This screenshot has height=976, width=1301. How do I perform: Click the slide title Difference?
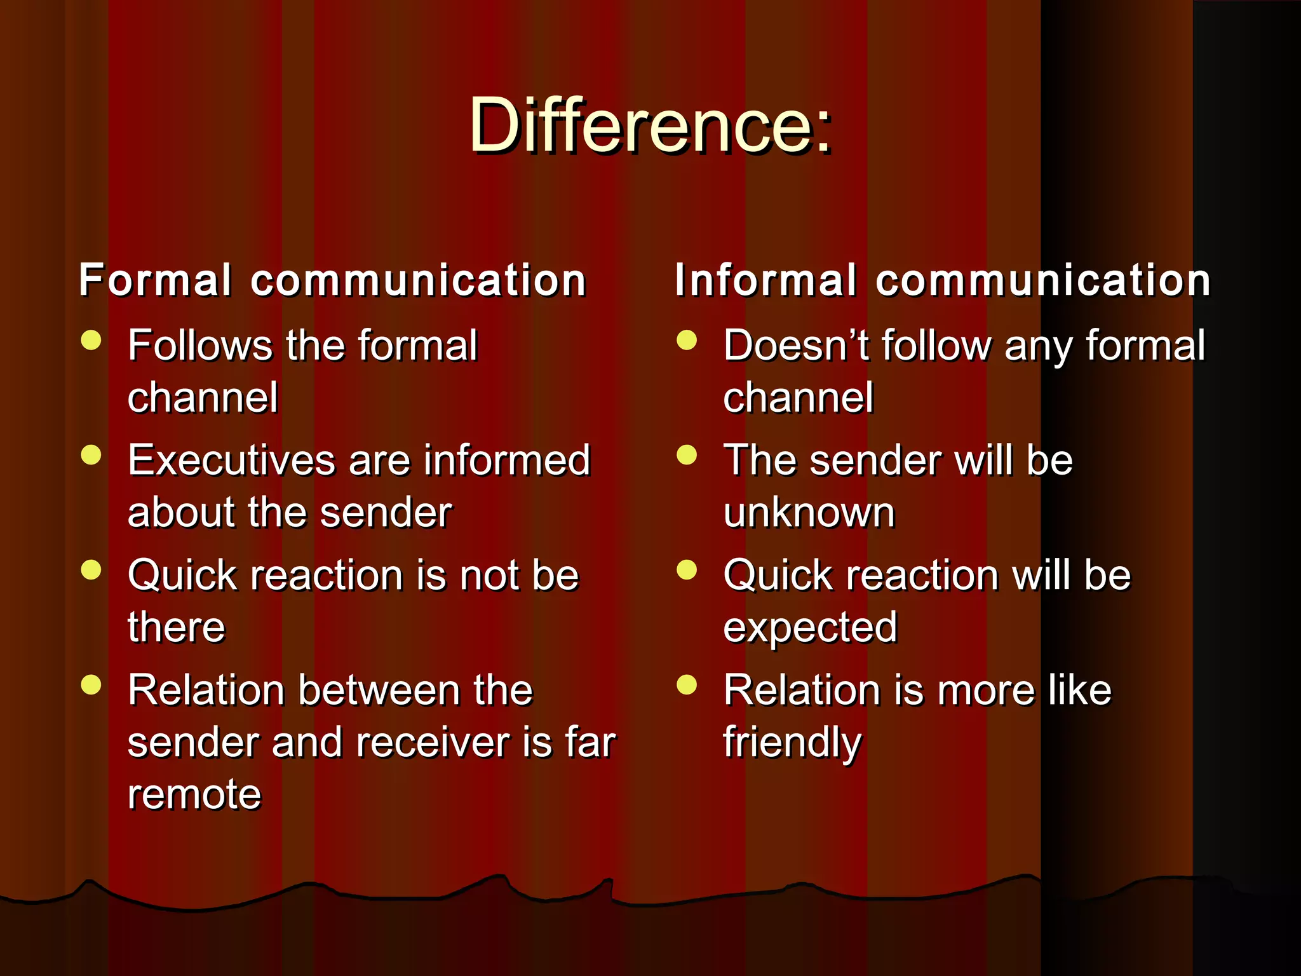(x=650, y=125)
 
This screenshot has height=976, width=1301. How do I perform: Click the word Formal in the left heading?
(x=155, y=280)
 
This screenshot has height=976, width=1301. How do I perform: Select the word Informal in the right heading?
(x=765, y=280)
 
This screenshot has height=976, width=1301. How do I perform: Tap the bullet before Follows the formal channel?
(x=91, y=340)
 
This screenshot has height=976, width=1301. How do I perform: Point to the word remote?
(x=194, y=794)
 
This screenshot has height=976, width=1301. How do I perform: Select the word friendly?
(x=792, y=742)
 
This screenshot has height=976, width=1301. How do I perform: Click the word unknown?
(x=809, y=512)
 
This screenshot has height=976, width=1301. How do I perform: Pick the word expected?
(x=810, y=628)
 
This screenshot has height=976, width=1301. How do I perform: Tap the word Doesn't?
(x=795, y=346)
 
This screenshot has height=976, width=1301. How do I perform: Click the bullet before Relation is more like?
(x=687, y=685)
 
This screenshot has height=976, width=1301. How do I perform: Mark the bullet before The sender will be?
(x=687, y=455)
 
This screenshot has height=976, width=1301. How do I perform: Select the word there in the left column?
(x=177, y=628)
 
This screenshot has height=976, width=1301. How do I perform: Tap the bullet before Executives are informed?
(x=91, y=455)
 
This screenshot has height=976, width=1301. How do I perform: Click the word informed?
(x=507, y=460)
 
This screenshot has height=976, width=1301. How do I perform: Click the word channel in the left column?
(x=203, y=398)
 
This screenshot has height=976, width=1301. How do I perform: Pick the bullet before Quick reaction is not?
(x=91, y=570)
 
